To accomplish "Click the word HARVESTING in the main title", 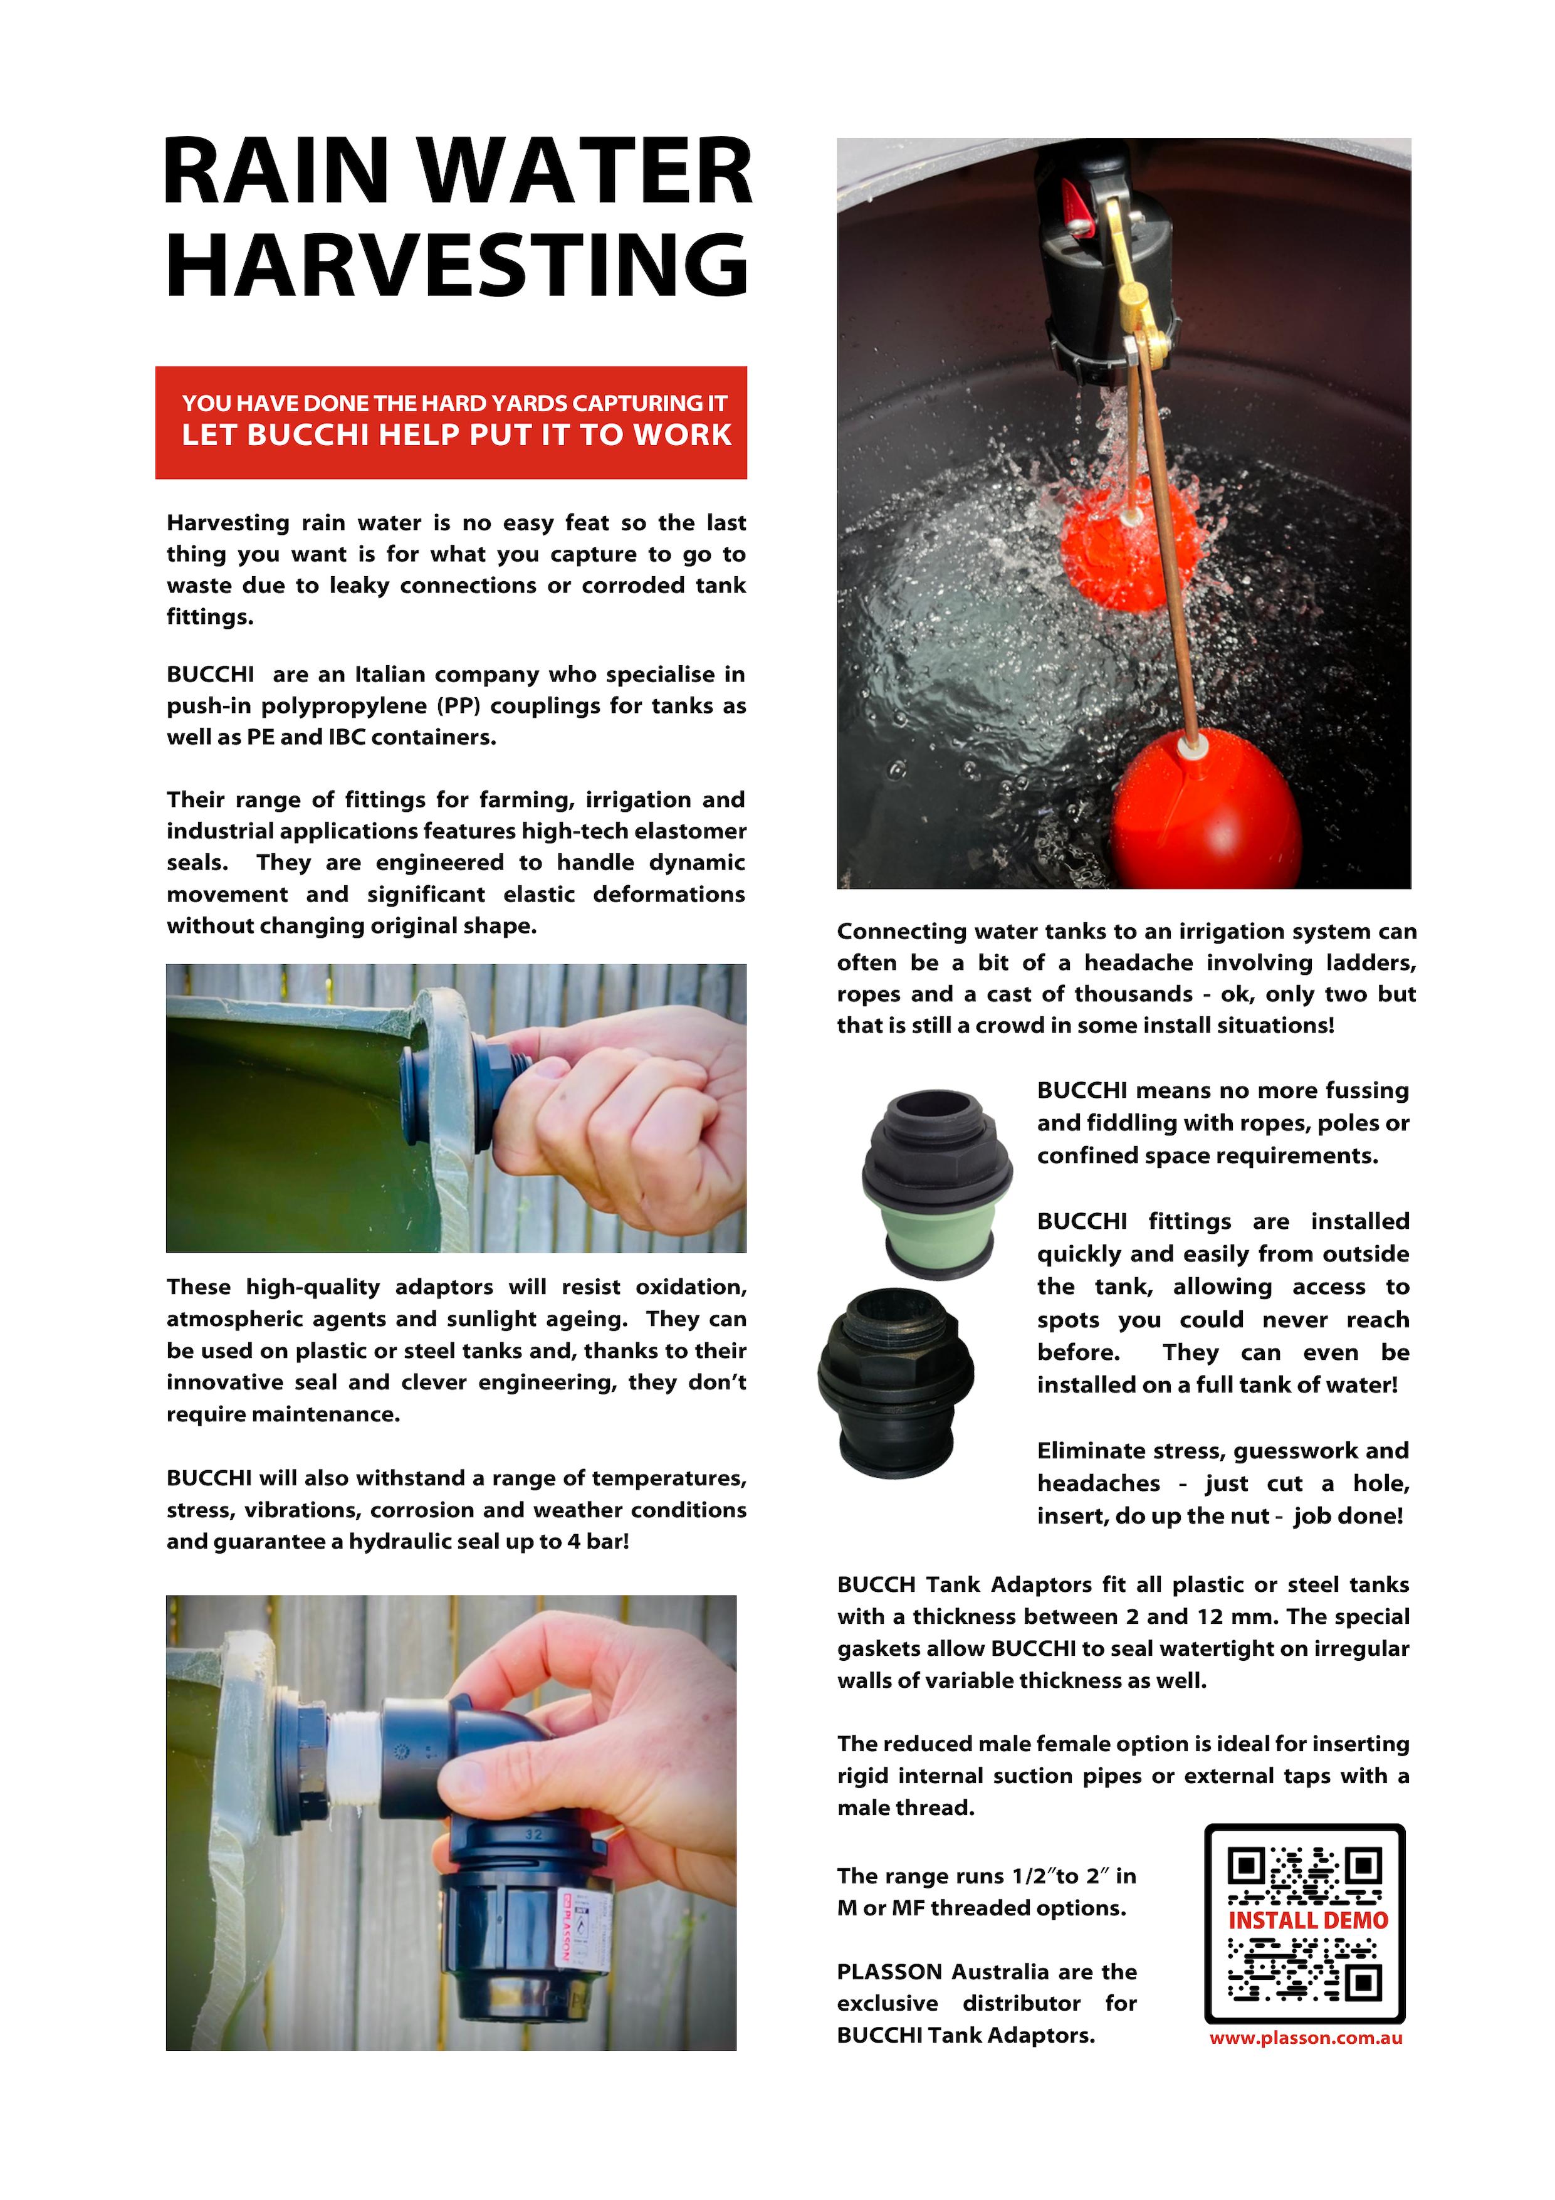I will click(x=457, y=265).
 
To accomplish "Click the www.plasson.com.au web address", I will click(x=1305, y=2038).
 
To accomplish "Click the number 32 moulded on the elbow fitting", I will click(x=533, y=1834).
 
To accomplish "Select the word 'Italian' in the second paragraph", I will click(x=393, y=675).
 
